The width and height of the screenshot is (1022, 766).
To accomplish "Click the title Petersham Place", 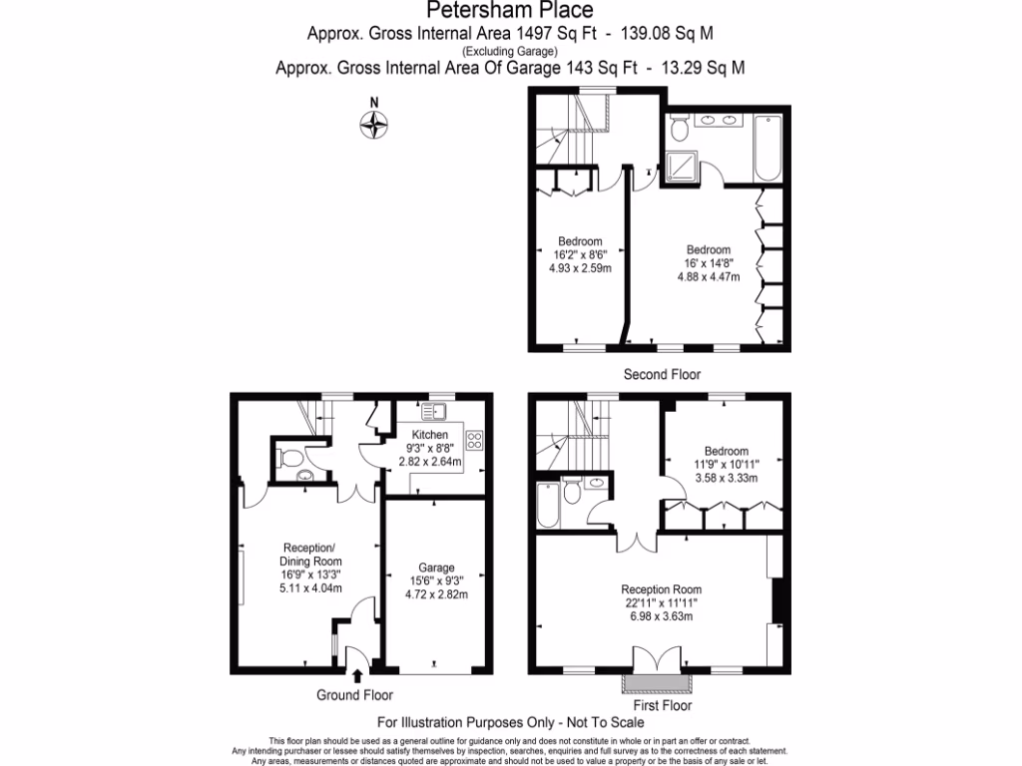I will (510, 11).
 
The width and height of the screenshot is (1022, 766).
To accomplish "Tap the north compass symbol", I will (374, 122).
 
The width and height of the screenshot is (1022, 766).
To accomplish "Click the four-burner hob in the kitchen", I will (474, 440).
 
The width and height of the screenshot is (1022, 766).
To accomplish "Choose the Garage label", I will (436, 567).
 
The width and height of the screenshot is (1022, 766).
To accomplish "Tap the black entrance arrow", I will (357, 676).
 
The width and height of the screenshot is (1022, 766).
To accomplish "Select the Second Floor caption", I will (661, 375).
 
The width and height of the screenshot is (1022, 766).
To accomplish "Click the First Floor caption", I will (661, 705).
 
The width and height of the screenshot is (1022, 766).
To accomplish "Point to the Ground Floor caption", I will (354, 695).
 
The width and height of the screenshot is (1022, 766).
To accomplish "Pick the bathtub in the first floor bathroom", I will (548, 505).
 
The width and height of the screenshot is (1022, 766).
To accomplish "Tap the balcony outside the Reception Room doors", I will (657, 683).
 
